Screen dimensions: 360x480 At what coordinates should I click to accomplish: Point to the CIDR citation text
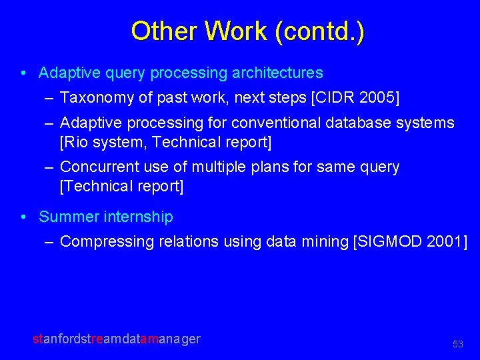coord(333,98)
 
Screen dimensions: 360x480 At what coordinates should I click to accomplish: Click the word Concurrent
coord(99,167)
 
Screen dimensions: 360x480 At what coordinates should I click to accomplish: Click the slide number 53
coord(457,344)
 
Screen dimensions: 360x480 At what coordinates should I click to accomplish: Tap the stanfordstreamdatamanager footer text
coord(117,339)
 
